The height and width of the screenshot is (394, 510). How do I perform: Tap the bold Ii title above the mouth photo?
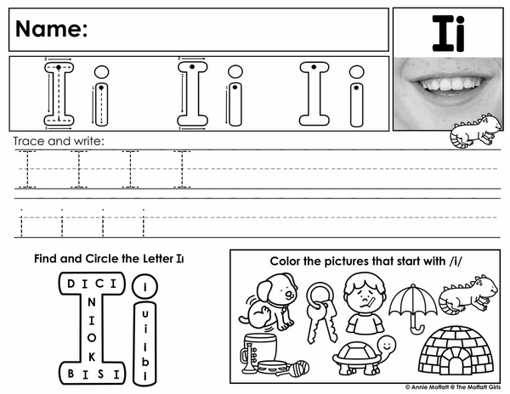click(448, 33)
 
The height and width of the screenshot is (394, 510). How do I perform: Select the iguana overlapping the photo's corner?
click(475, 131)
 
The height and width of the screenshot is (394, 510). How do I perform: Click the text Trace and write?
click(59, 141)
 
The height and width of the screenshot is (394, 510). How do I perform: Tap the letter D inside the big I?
click(71, 284)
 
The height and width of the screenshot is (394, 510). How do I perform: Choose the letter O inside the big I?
click(92, 338)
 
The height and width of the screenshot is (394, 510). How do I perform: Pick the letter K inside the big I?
click(92, 357)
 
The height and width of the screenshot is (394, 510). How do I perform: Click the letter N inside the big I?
click(92, 302)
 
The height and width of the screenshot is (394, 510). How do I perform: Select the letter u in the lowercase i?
click(145, 314)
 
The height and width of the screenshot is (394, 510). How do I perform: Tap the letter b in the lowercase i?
click(145, 361)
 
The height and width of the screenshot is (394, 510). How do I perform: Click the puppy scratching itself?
click(269, 301)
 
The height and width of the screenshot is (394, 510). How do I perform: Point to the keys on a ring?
click(321, 312)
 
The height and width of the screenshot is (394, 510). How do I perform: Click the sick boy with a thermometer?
click(365, 303)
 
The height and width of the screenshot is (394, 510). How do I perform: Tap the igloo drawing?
click(456, 351)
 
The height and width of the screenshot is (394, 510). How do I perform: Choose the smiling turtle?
click(365, 355)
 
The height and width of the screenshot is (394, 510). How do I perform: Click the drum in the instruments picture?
click(260, 347)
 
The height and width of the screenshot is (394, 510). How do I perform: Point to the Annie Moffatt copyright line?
click(453, 387)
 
